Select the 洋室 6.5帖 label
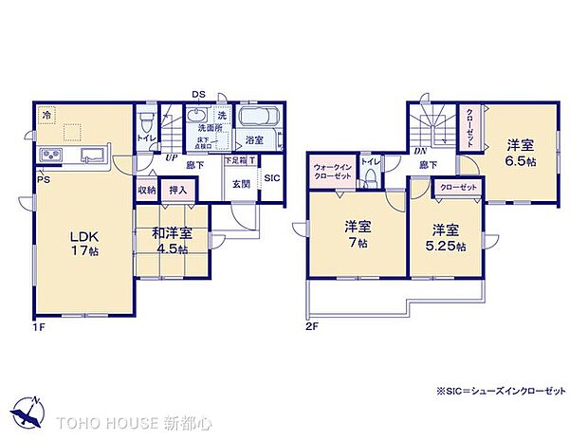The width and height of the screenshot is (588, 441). point(519,152)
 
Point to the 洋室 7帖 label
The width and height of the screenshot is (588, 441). point(357,234)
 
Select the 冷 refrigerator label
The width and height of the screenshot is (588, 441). point(46,115)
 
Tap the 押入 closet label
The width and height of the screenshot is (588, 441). point(178,191)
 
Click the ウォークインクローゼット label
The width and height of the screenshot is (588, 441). point(333,173)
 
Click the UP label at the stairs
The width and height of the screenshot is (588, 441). point(171,157)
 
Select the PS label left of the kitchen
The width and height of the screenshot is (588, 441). point(43,178)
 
